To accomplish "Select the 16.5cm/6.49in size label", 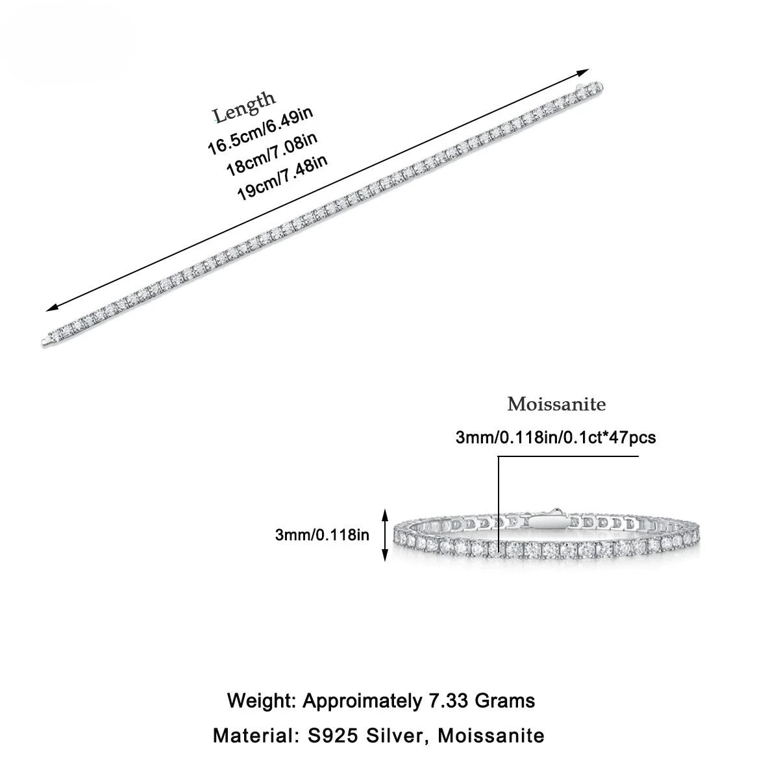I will (x=260, y=132).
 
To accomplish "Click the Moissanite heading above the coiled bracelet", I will (x=556, y=404).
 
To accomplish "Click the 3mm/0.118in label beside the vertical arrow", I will (x=322, y=535).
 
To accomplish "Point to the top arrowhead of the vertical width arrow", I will (x=386, y=513).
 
